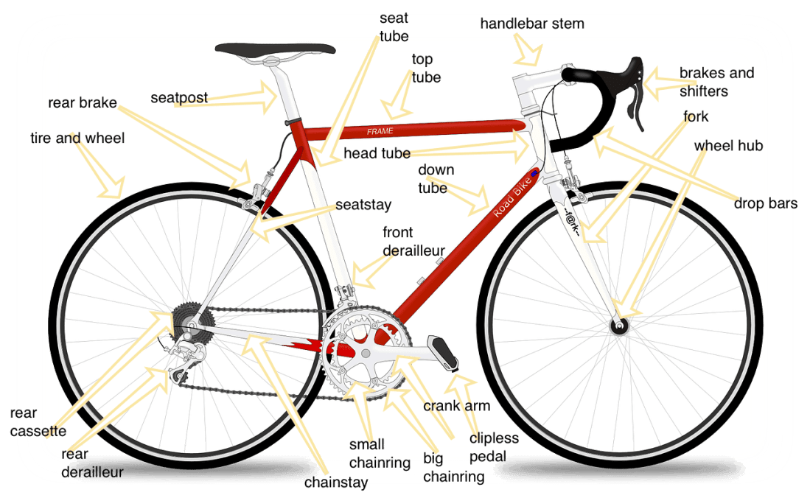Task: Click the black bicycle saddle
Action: pyautogui.click(x=275, y=49)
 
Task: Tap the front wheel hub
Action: pyautogui.click(x=619, y=326)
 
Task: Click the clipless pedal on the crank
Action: pyautogui.click(x=444, y=353)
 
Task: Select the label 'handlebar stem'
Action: pyautogui.click(x=532, y=24)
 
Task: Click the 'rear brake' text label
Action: pyautogui.click(x=83, y=103)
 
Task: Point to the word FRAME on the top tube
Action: pyautogui.click(x=380, y=131)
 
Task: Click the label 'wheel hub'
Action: pyautogui.click(x=728, y=146)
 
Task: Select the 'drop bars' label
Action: pyautogui.click(x=766, y=203)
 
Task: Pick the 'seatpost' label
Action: pyautogui.click(x=179, y=98)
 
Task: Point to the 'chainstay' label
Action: pyautogui.click(x=336, y=483)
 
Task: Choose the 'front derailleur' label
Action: pyautogui.click(x=413, y=241)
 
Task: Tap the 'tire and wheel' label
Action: pyautogui.click(x=77, y=138)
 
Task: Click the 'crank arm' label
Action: pyautogui.click(x=457, y=406)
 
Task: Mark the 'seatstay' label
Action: pyautogui.click(x=363, y=205)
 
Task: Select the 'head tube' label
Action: pyautogui.click(x=377, y=153)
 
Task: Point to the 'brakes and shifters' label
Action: pyautogui.click(x=716, y=82)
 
